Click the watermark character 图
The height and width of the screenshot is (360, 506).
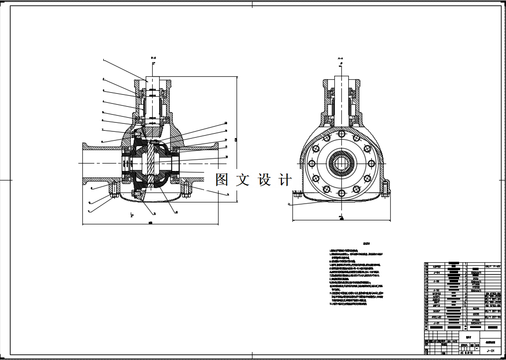point(222,180)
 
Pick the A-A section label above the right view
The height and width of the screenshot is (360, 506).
point(341,59)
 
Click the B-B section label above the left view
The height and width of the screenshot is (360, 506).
point(153,59)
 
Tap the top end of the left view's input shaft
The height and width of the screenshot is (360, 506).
point(153,78)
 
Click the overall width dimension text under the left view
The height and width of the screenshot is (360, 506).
point(151,223)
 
